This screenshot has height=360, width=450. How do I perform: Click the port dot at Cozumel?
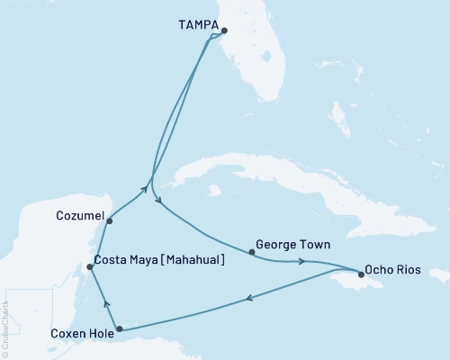click(109, 220)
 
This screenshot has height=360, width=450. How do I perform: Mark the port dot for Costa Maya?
click(89, 266)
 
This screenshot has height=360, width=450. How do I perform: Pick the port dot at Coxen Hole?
click(120, 329)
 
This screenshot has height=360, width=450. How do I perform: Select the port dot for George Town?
click(251, 253)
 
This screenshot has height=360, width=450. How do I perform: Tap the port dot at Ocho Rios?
click(361, 276)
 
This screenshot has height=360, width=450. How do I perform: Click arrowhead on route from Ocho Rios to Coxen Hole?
click(249, 300)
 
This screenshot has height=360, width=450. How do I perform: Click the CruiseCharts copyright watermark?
click(6, 329)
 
